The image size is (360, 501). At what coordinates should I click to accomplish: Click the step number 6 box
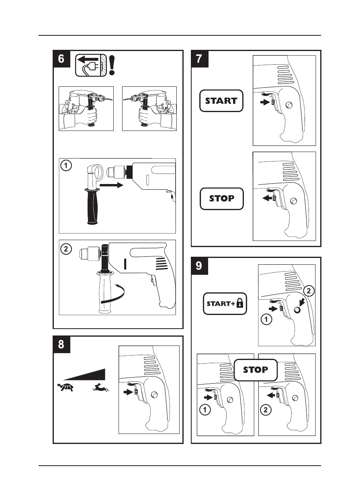[x=61, y=59]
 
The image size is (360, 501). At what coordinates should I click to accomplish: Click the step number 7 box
[x=200, y=59]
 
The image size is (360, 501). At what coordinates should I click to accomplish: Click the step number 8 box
[x=61, y=344]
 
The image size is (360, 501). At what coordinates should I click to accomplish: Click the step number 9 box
[x=200, y=266]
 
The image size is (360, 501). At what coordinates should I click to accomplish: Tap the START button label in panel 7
[x=221, y=101]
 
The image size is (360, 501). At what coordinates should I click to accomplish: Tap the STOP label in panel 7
[x=221, y=198]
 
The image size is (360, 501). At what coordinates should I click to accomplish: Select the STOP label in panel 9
[x=256, y=370]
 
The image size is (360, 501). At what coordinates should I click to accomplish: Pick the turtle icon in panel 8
[x=65, y=388]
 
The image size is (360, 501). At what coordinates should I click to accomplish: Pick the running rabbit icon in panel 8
[x=100, y=388]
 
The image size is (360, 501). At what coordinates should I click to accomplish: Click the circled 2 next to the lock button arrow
[x=308, y=290]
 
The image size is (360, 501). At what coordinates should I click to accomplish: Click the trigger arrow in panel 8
[x=129, y=392]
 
